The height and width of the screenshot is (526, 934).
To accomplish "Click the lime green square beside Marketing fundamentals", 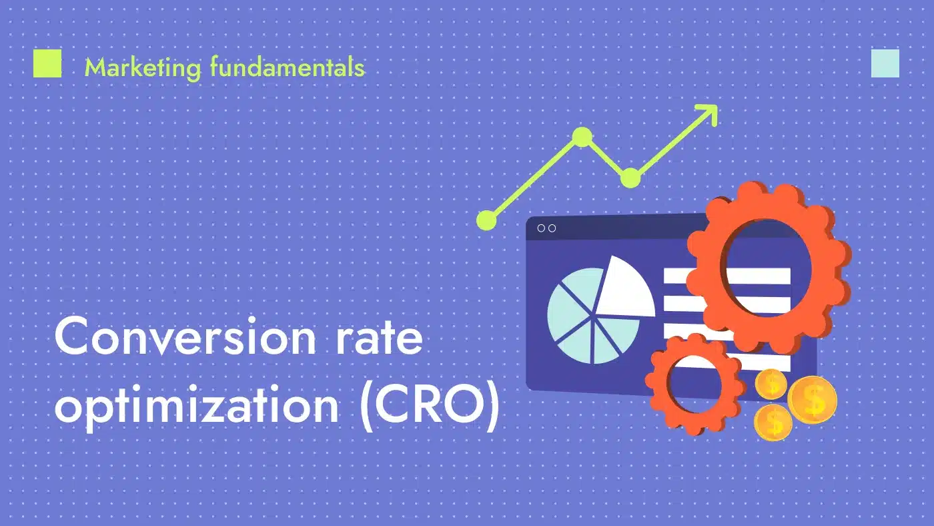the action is (x=47, y=63).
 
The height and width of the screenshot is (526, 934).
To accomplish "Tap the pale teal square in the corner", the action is (x=885, y=63).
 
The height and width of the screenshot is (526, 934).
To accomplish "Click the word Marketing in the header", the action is (x=143, y=67).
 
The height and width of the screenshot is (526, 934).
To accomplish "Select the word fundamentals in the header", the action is (x=288, y=67).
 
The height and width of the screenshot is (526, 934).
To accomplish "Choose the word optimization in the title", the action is (x=197, y=404).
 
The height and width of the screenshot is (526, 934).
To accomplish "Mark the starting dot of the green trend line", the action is (x=486, y=220).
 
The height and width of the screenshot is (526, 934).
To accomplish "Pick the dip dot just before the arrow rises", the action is (x=630, y=178).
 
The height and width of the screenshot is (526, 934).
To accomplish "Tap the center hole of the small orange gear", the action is (x=694, y=384).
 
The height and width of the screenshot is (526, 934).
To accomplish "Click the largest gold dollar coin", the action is (x=813, y=400).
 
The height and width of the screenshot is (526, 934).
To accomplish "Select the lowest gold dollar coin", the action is (x=773, y=422).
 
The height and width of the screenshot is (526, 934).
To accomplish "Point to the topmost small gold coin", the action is (x=771, y=384).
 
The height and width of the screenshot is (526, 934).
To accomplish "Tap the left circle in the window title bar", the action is (x=541, y=228).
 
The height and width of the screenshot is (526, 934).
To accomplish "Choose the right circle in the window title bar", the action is (x=552, y=228).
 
